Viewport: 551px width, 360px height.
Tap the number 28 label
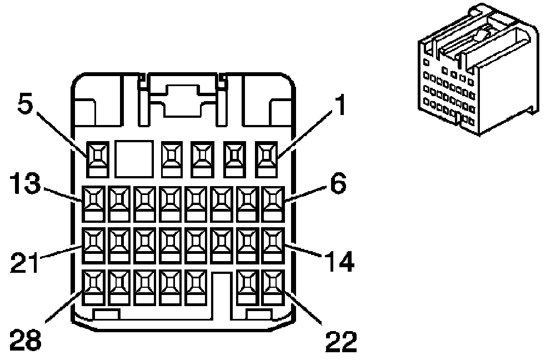pos(26,341)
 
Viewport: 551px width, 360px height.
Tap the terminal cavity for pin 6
pos(272,203)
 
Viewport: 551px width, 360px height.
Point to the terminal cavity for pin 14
pos(272,245)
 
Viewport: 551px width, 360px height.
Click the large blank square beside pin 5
pos(134,158)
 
